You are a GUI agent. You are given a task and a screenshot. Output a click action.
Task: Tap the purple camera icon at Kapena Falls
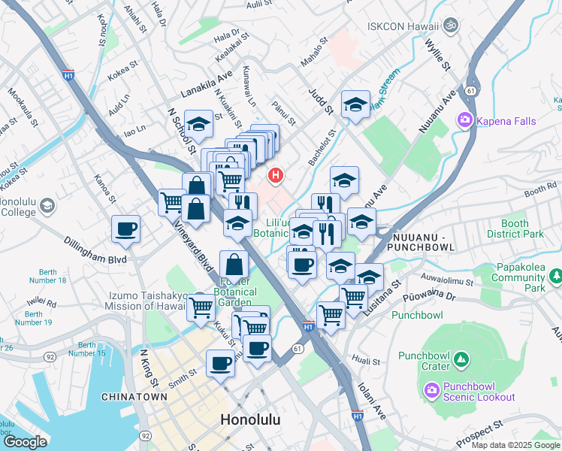[465, 120]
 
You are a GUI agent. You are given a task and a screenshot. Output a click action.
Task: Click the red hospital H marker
[276, 176]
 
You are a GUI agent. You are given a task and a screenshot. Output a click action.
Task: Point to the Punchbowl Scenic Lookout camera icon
[431, 389]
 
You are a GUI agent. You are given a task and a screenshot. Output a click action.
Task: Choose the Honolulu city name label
[251, 420]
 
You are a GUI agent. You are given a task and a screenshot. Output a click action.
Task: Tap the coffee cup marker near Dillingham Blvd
[125, 229]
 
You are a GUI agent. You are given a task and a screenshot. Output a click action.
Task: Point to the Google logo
[25, 441]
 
